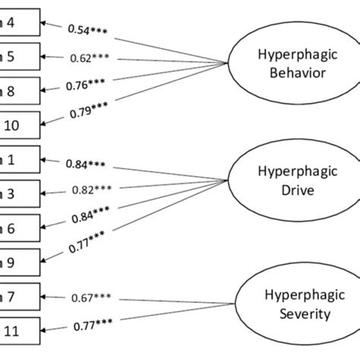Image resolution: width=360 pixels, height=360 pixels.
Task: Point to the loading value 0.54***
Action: coord(88,30)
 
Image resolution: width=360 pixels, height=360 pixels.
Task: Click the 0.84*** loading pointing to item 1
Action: coord(86,163)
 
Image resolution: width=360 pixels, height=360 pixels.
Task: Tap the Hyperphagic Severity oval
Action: coord(297,302)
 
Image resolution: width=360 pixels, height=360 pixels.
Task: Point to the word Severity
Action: coord(297,313)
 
